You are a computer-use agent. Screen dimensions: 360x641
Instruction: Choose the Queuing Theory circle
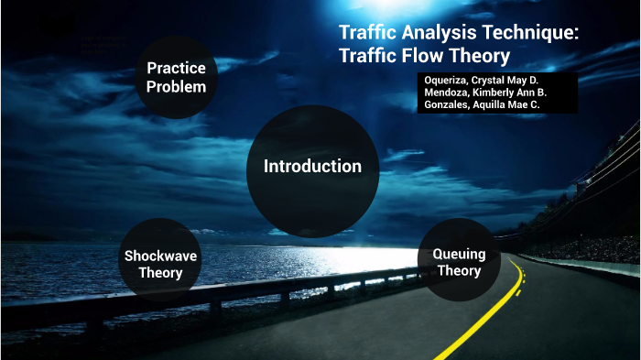(x=459, y=261)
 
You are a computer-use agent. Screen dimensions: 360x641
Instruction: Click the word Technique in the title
(x=531, y=32)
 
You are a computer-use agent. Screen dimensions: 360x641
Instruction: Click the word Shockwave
(x=160, y=256)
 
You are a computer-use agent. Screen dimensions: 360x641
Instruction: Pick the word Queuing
(x=459, y=254)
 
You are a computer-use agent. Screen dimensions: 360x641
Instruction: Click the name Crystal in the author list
(x=506, y=80)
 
